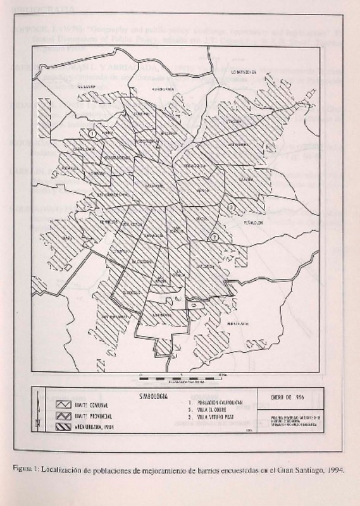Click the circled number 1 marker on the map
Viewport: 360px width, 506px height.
pyautogui.click(x=92, y=133)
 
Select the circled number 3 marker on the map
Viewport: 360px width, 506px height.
pyautogui.click(x=232, y=207)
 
